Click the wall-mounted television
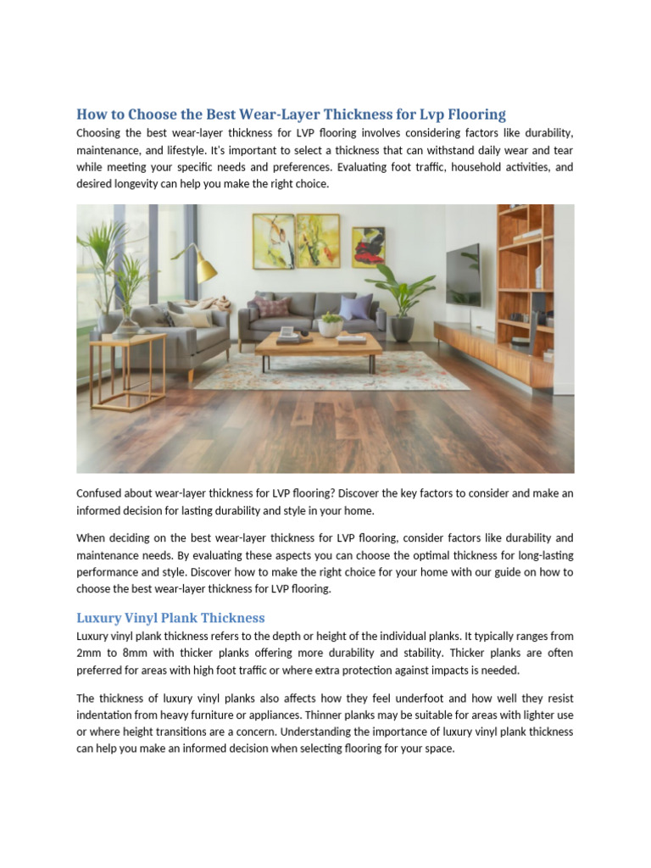(463, 274)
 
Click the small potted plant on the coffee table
(330, 324)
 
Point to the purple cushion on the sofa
(356, 307)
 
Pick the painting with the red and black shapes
(368, 247)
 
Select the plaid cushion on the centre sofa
(274, 307)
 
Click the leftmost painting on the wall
(274, 242)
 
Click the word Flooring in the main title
(477, 114)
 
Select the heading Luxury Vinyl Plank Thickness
(170, 618)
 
